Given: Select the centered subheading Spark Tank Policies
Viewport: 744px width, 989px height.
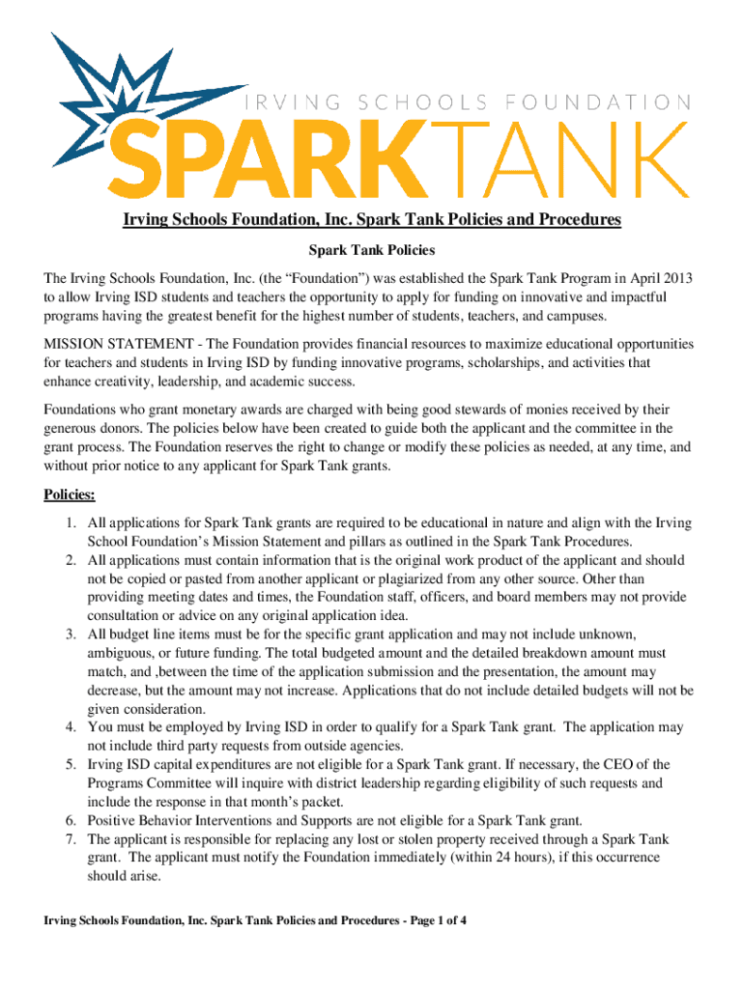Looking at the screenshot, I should tap(371, 250).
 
